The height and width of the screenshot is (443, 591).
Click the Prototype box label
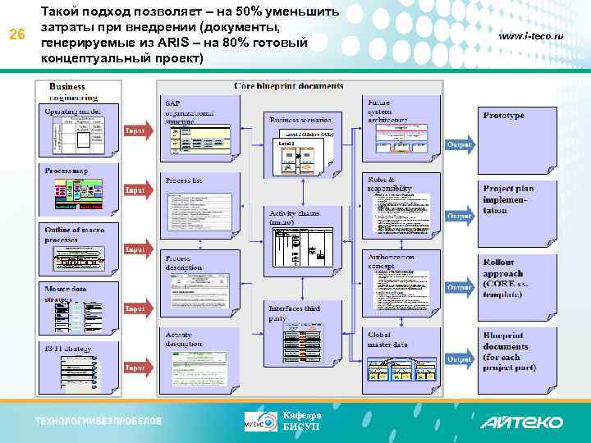[x=503, y=116]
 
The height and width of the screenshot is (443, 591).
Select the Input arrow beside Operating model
[x=136, y=130]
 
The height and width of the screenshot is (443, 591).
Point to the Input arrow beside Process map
[x=136, y=190]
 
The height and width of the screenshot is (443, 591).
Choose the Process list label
[x=183, y=180]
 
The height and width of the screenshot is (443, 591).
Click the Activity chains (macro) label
[x=293, y=217]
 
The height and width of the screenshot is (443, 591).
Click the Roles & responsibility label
[x=389, y=184]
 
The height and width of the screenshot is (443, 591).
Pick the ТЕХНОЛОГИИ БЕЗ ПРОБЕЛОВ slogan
[x=98, y=421]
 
